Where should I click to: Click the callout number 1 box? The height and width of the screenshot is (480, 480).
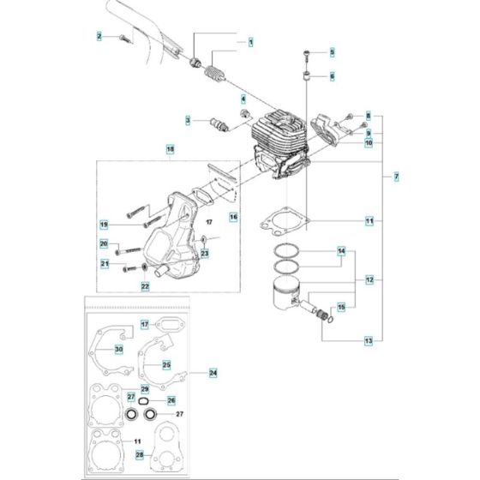pos(250,42)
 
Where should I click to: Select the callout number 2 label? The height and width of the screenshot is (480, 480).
pos(99,36)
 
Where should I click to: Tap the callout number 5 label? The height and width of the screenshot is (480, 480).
pos(333,53)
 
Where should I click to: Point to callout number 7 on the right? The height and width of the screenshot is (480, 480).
pos(395,177)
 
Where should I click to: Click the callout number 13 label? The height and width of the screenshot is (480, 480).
pos(369,341)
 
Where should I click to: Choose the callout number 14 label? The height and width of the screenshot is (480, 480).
pos(340,251)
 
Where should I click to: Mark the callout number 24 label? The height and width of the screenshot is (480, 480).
pos(213,373)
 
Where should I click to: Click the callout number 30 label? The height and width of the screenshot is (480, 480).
pos(118,349)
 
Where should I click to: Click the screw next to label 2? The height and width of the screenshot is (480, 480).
pos(124,36)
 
